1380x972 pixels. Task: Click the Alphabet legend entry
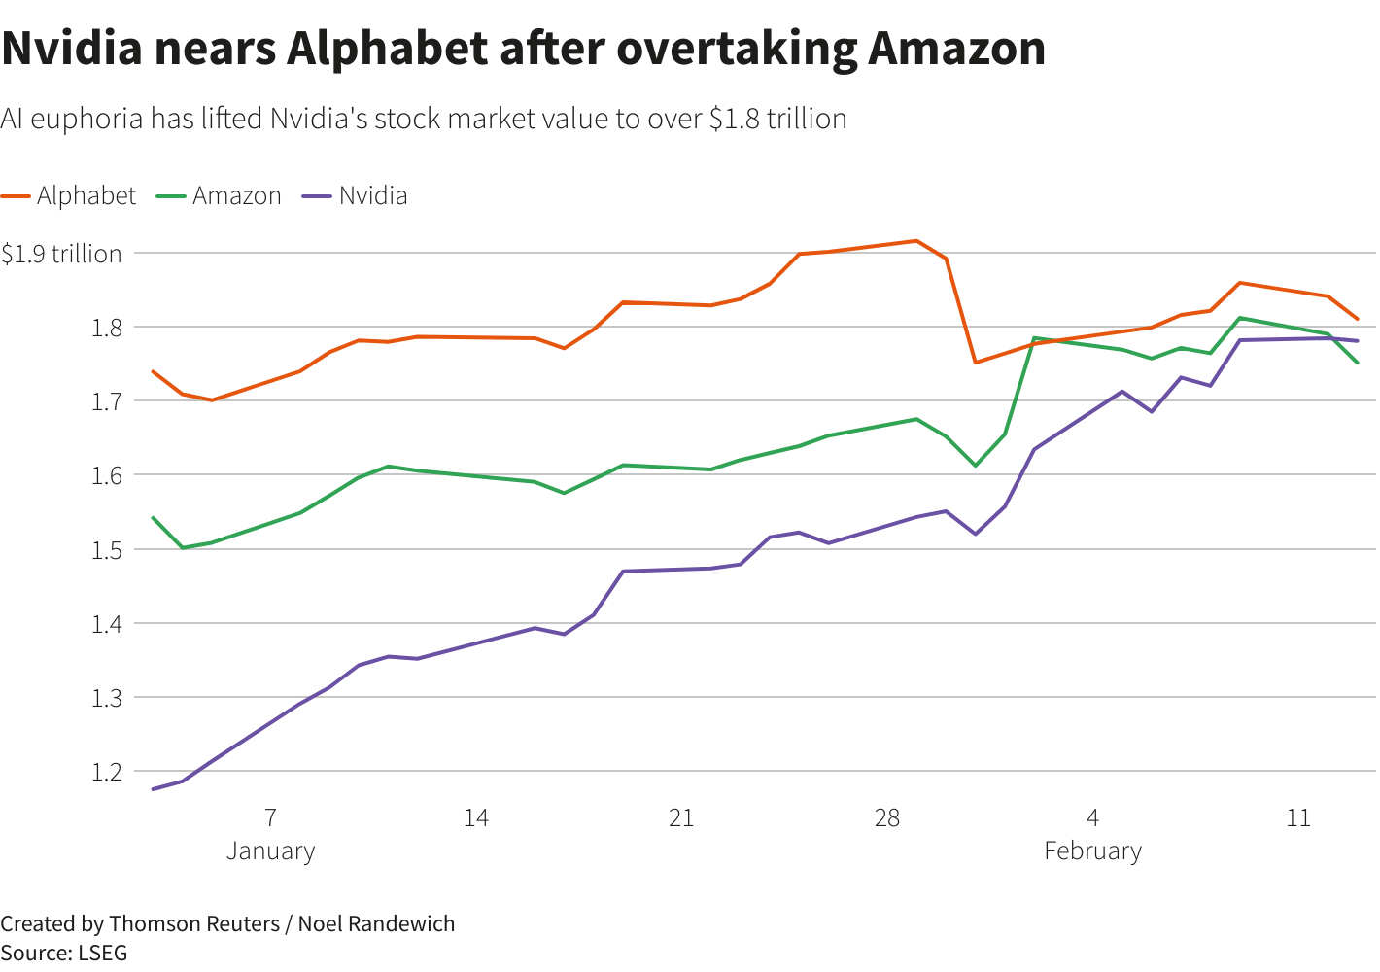pos(86,195)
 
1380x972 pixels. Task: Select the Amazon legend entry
pos(236,195)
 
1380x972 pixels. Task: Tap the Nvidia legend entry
pos(372,195)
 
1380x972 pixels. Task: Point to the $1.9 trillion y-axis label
pos(61,254)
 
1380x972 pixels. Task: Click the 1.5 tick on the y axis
pos(107,549)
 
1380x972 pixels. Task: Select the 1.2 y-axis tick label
pos(107,772)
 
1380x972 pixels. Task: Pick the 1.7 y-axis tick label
pos(107,400)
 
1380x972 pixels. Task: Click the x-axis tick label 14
pos(475,818)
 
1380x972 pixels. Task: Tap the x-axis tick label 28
pos(886,818)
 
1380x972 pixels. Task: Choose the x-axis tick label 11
pos(1298,818)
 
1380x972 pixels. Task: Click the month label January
pos(271,851)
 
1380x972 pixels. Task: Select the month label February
pos(1092,851)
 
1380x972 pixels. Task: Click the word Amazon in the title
pos(956,48)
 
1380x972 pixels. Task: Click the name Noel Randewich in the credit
pos(376,923)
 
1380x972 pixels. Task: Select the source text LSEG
pos(102,953)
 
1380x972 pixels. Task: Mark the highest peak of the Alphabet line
pos(915,240)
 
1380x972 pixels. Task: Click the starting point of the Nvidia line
pos(154,789)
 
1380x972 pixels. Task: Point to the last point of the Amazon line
pos(1358,364)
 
